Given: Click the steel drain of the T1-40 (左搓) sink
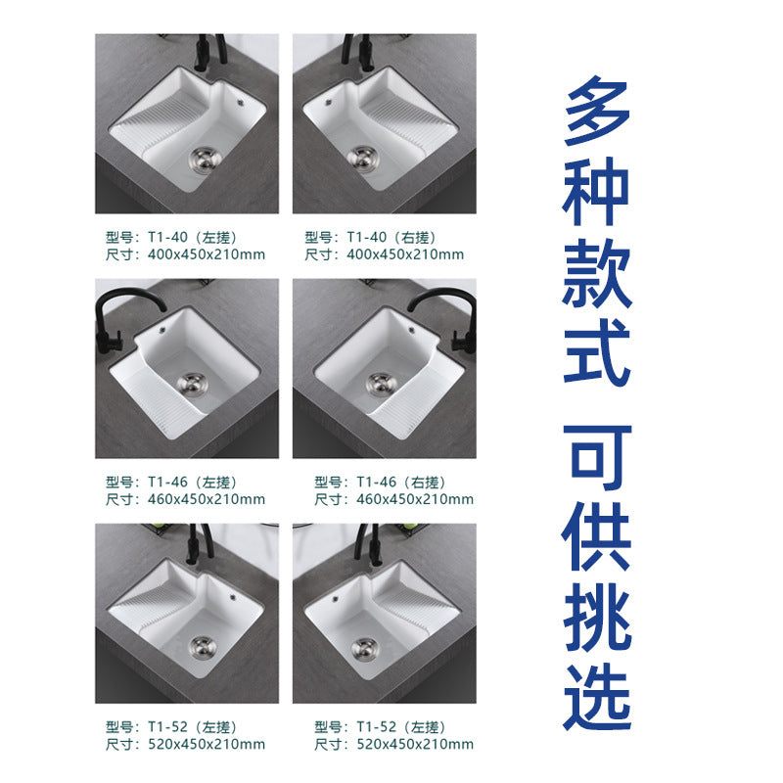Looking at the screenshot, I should (205, 160).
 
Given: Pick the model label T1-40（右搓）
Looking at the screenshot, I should (370, 237).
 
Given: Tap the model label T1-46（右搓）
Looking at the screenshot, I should (381, 482).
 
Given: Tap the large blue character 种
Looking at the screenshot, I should (597, 191).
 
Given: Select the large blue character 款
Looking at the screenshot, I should (597, 274).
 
